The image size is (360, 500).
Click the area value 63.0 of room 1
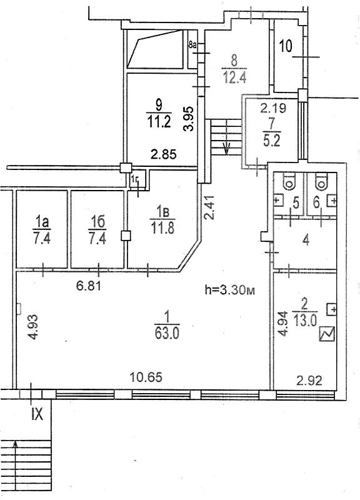pos(167,333)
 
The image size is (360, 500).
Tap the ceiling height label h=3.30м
pos(229,290)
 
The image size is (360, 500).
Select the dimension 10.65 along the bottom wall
pos(146,377)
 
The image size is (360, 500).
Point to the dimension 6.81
pos(89,286)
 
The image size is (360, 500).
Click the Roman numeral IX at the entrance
pos(37,414)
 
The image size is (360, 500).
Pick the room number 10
pos(286,46)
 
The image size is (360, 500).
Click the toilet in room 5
pos(289,181)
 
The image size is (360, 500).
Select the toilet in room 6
pos(321,181)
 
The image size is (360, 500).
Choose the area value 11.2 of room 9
pos(159,121)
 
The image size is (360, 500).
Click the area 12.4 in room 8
pos(234,77)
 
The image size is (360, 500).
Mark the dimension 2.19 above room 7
pos(273,108)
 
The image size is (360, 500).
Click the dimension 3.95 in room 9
pos(189,119)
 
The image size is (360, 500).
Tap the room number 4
pos(306,241)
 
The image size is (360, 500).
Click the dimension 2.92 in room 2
pos(309,381)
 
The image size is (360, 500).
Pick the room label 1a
pos(42,221)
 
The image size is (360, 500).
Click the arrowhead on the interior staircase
pos(226,148)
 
